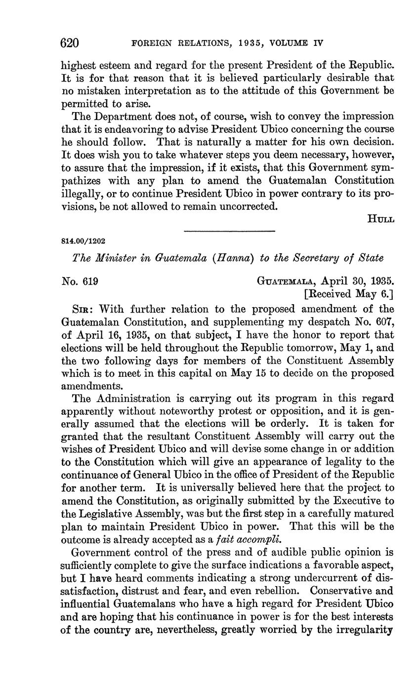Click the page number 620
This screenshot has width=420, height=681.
point(70,43)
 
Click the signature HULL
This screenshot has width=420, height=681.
point(380,219)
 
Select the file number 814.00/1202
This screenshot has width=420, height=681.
point(83,241)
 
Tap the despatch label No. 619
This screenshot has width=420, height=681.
point(80,281)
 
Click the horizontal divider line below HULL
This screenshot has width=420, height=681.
point(229,231)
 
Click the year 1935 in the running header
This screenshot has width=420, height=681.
point(232,43)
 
